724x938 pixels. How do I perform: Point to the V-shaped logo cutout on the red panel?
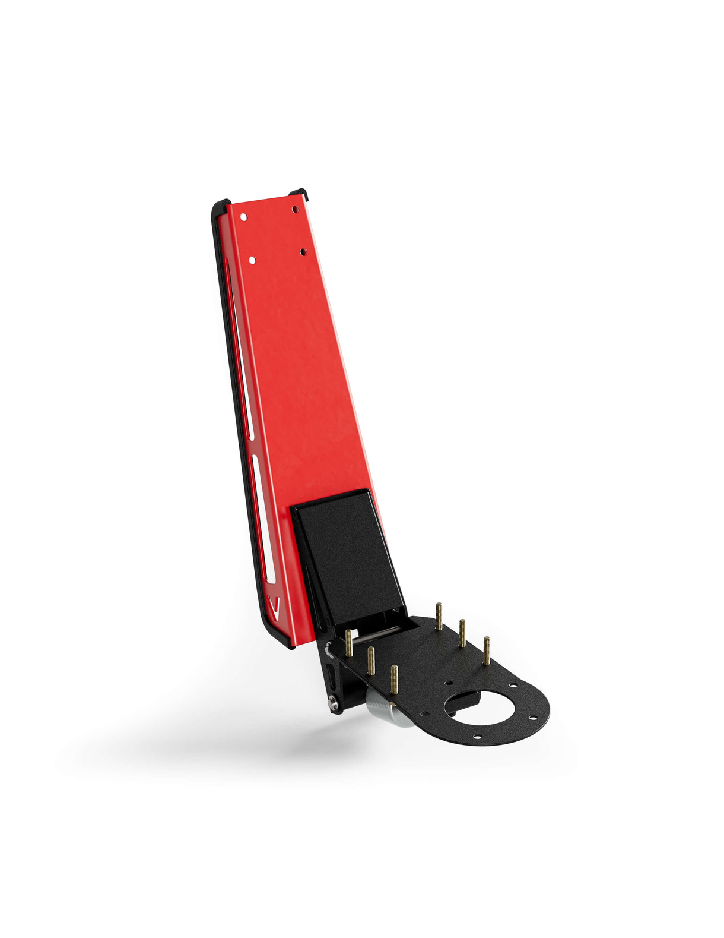pos(273,606)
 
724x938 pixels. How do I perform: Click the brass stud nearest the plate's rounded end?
pos(487,650)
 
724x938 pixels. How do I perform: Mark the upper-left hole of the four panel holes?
pos(243,217)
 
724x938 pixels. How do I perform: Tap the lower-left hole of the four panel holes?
pos(252,260)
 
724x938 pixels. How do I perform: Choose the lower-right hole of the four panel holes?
pos(303,252)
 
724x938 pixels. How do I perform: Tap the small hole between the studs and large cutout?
pos(449,683)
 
